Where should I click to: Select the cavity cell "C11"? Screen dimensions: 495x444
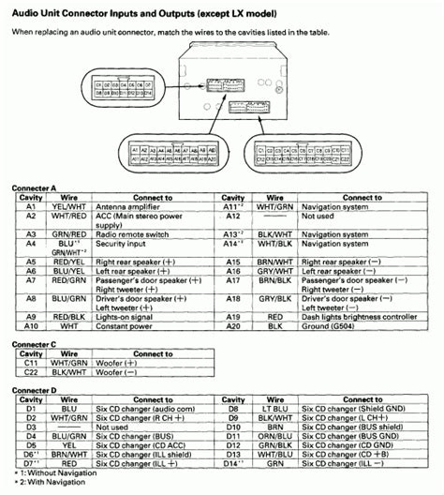click(x=31, y=361)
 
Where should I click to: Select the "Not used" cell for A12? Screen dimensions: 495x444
click(x=337, y=216)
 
